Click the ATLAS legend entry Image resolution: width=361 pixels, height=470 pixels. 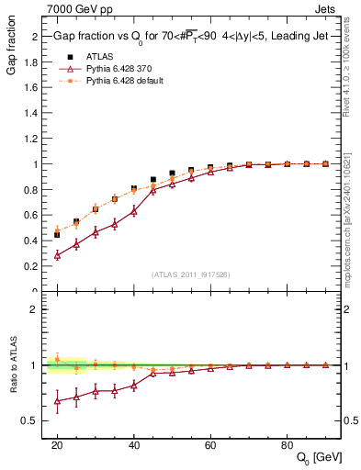pos(99,56)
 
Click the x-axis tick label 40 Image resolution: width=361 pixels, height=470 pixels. pos(134,443)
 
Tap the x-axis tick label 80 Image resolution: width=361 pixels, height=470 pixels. pos(288,443)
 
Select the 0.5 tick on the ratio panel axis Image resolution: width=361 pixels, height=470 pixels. pos(31,420)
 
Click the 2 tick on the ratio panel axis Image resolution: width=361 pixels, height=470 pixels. pos(36,309)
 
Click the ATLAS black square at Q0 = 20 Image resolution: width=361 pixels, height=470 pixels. pos(57,235)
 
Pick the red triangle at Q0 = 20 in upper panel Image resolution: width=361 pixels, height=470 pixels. pos(57,255)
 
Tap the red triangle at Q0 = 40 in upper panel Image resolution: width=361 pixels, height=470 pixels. pos(134,210)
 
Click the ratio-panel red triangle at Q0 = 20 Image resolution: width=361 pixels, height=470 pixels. pos(57,400)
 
